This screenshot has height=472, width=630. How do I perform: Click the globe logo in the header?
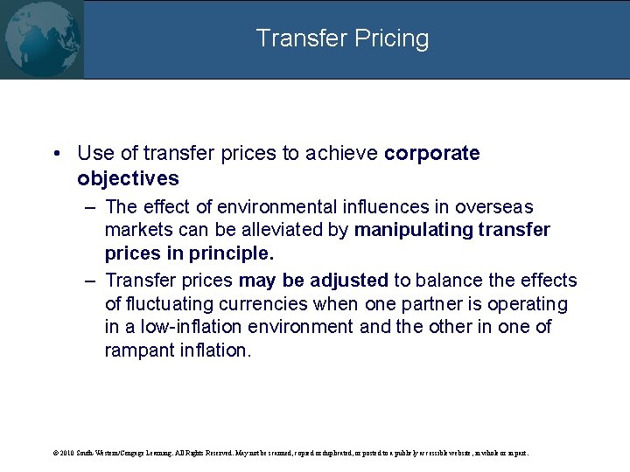(41, 39)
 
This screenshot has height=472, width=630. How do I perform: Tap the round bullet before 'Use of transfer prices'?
(56, 154)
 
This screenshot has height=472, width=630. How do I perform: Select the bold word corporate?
(432, 154)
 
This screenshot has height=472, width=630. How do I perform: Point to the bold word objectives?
(128, 179)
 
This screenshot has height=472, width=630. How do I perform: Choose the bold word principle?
(232, 254)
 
